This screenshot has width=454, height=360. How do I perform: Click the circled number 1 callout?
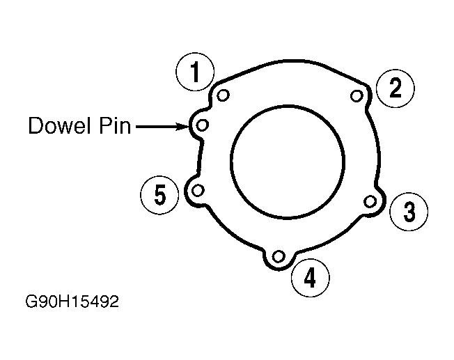(196, 72)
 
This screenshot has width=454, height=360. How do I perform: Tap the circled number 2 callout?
(396, 88)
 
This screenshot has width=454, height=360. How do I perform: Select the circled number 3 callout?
(409, 212)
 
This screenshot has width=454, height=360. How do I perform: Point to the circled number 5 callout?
(160, 196)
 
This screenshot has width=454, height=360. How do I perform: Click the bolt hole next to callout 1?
(223, 95)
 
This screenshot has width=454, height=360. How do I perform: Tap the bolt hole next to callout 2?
(357, 95)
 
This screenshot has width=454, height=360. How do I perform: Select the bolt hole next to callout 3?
(370, 201)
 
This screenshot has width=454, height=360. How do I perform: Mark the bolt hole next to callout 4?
(279, 257)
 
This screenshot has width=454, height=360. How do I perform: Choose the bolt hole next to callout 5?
(198, 190)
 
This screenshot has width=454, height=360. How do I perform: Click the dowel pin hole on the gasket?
(202, 125)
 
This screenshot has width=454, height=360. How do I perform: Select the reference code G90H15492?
(71, 303)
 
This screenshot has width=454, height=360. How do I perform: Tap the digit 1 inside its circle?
(196, 72)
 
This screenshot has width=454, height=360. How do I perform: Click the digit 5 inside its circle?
(160, 196)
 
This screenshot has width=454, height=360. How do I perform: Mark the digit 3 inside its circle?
(409, 212)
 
